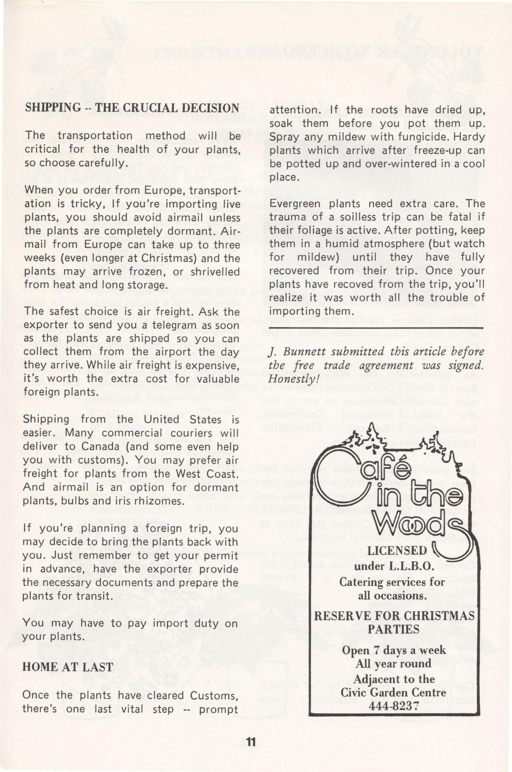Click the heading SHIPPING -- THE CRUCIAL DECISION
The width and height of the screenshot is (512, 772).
coord(132,108)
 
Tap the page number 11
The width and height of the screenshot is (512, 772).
coord(251,742)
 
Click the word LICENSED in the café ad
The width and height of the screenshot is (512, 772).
coord(397,550)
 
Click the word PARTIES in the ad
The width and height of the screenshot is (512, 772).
coord(394,629)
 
